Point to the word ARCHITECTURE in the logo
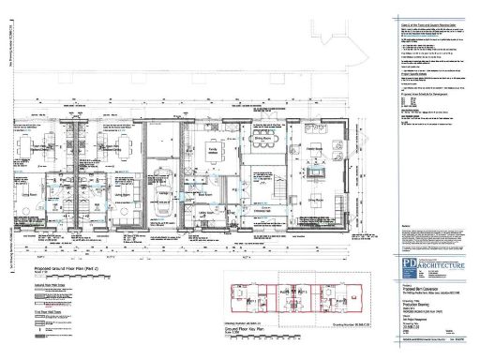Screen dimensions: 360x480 (441, 268)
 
